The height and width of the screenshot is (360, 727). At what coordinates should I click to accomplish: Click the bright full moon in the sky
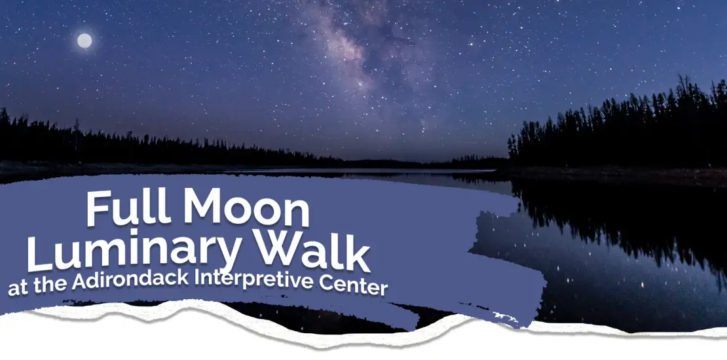click(84, 41)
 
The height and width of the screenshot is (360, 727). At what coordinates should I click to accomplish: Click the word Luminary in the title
click(134, 251)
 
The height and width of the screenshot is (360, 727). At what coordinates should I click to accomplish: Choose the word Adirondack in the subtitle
click(130, 280)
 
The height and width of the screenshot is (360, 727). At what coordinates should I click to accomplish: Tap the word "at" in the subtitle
click(16, 289)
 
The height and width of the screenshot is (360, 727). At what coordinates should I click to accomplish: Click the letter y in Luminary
click(226, 255)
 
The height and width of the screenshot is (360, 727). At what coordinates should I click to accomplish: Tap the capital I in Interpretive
click(197, 278)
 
